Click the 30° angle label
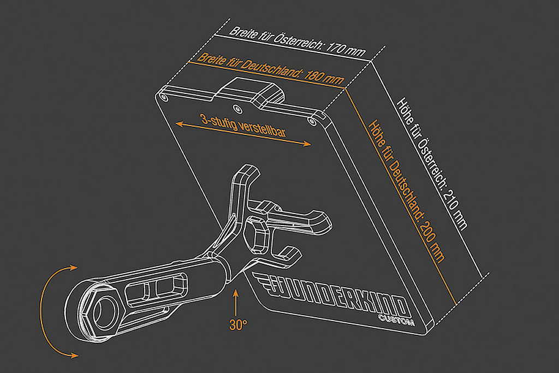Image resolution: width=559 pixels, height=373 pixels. coord(238,324)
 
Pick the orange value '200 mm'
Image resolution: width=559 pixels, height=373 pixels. coord(431,240)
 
